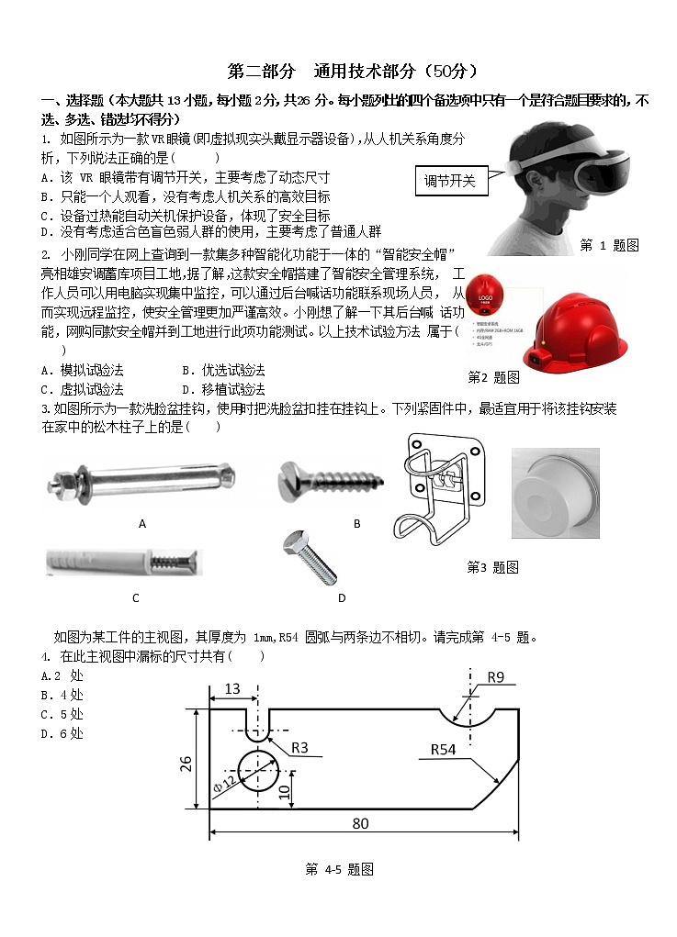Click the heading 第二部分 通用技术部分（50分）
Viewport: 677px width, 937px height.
[352, 72]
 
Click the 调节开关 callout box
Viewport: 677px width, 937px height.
[450, 182]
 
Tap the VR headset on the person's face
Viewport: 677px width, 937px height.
[588, 163]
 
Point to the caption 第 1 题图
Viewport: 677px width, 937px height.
[609, 245]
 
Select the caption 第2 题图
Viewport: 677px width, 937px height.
[493, 377]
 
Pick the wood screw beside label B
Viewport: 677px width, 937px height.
[331, 478]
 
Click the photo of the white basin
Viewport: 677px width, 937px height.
[555, 493]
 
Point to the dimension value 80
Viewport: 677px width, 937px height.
[360, 824]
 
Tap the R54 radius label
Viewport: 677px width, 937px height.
[444, 750]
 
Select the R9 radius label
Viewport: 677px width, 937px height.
[495, 677]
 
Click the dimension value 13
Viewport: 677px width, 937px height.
[231, 688]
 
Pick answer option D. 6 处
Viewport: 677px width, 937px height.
[62, 733]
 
